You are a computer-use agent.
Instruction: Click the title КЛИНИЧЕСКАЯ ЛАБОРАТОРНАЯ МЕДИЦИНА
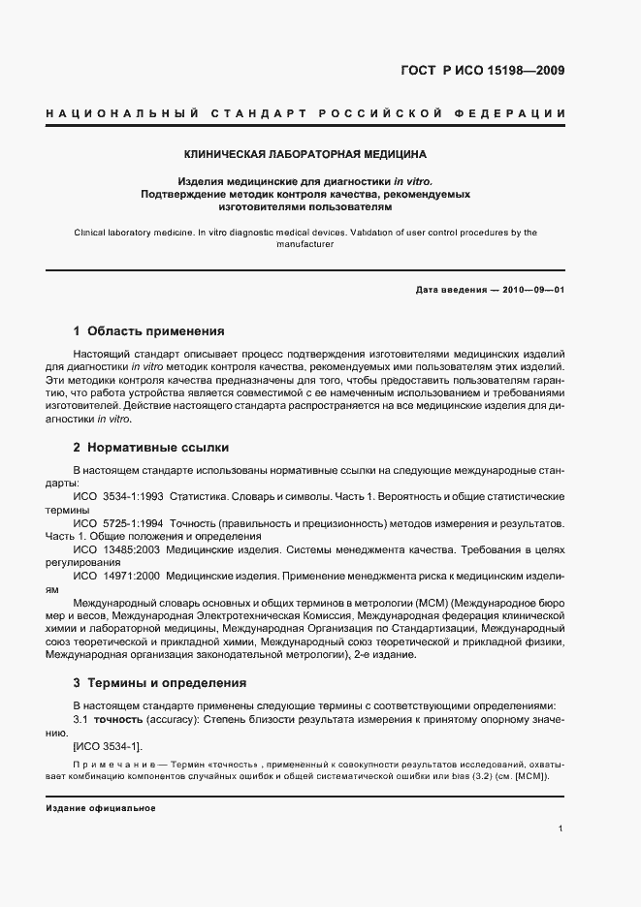pos(305,154)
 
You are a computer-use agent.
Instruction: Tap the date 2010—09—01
pos(529,290)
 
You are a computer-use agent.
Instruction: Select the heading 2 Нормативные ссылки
pos(151,448)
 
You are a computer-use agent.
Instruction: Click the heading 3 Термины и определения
pos(160,682)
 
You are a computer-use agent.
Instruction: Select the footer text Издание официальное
pos(101,808)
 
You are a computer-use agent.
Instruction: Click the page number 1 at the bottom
pos(561,829)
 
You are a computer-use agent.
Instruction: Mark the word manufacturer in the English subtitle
pos(304,244)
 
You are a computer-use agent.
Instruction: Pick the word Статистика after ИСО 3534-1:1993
pos(197,496)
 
